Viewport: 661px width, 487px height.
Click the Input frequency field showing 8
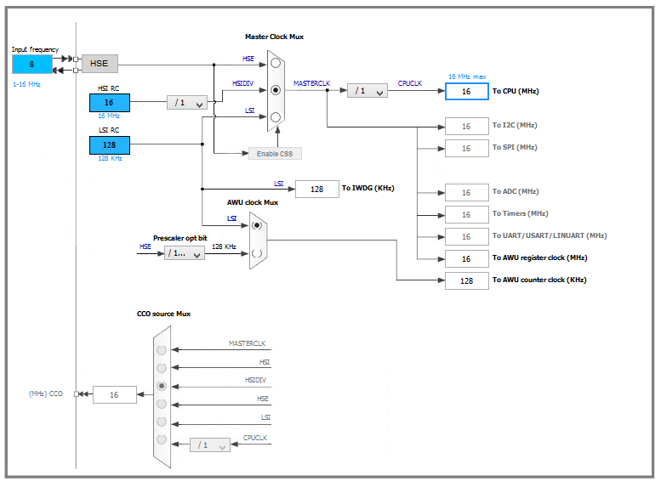click(32, 64)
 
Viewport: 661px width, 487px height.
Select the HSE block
click(100, 64)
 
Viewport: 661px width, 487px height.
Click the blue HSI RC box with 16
click(109, 103)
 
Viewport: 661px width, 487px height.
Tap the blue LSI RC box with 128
click(109, 145)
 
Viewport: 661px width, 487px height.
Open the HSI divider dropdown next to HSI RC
click(187, 103)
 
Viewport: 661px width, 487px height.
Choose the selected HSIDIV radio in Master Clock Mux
click(275, 89)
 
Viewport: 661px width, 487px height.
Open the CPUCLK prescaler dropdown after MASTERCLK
click(367, 90)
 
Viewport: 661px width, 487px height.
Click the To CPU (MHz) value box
click(466, 91)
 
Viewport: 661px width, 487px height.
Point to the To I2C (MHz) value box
click(466, 126)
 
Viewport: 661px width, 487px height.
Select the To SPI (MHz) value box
click(466, 148)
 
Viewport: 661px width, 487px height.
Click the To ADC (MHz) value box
click(466, 192)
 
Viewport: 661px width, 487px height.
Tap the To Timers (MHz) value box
click(466, 214)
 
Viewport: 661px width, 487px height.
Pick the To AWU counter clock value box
click(466, 280)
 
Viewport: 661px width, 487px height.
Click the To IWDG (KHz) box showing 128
click(316, 189)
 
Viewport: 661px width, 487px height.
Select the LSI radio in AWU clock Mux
click(257, 225)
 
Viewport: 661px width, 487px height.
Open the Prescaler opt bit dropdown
click(184, 252)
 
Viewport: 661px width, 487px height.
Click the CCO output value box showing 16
click(114, 394)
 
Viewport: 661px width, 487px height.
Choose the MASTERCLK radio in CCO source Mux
click(162, 349)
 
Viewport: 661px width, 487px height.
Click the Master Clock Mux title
click(274, 37)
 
